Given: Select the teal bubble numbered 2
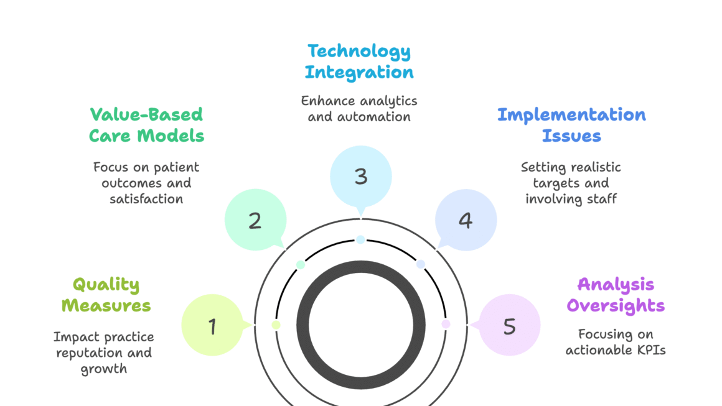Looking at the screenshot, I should click(255, 221).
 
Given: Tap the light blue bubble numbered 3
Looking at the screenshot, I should click(360, 177).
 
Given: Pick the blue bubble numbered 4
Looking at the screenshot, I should click(466, 221).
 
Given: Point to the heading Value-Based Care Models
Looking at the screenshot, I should click(146, 125).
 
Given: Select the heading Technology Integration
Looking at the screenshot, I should click(359, 61).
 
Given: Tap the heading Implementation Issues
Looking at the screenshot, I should click(571, 125).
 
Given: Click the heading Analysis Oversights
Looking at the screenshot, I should click(616, 295).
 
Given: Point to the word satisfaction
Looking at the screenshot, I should click(146, 199).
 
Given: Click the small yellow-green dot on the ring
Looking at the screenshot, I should click(276, 325).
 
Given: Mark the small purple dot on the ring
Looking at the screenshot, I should click(446, 324).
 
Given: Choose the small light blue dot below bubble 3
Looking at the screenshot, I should click(360, 239).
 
